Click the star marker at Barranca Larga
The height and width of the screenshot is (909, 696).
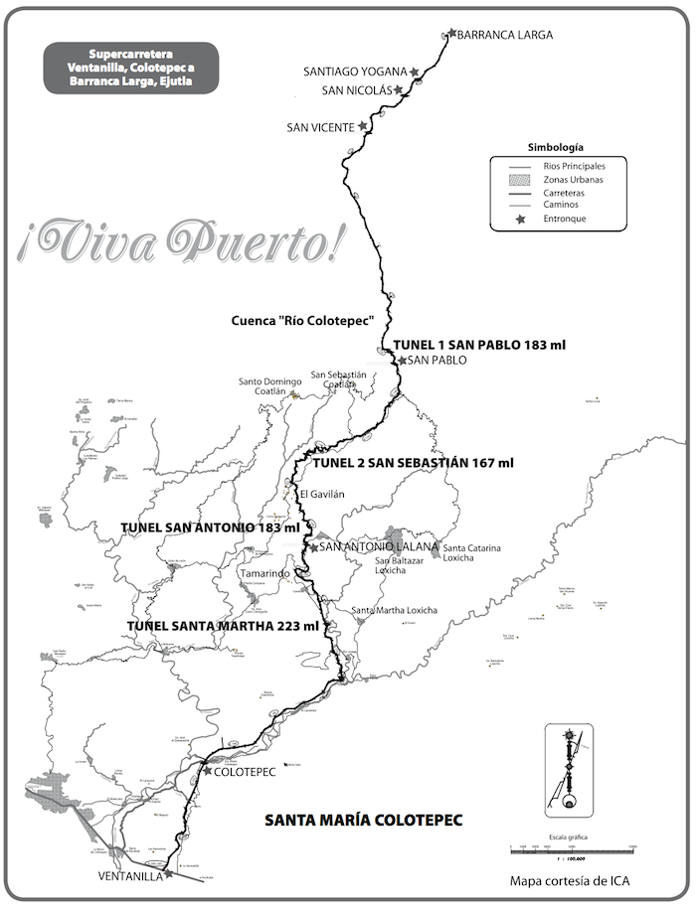[x=452, y=34]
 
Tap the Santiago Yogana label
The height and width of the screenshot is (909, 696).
[x=356, y=72]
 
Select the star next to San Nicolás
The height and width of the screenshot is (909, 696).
[x=399, y=89]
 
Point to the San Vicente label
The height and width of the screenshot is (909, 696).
[x=320, y=127]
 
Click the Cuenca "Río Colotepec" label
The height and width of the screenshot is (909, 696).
[x=301, y=321]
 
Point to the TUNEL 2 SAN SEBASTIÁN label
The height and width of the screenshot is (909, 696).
[x=414, y=463]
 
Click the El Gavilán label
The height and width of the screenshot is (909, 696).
[x=321, y=494]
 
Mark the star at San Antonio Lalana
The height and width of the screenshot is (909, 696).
[x=314, y=547]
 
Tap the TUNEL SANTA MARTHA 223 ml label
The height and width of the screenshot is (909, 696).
[x=223, y=626]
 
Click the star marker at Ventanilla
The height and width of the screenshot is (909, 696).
[x=169, y=875]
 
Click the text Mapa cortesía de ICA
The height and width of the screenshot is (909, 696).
[x=570, y=880]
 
